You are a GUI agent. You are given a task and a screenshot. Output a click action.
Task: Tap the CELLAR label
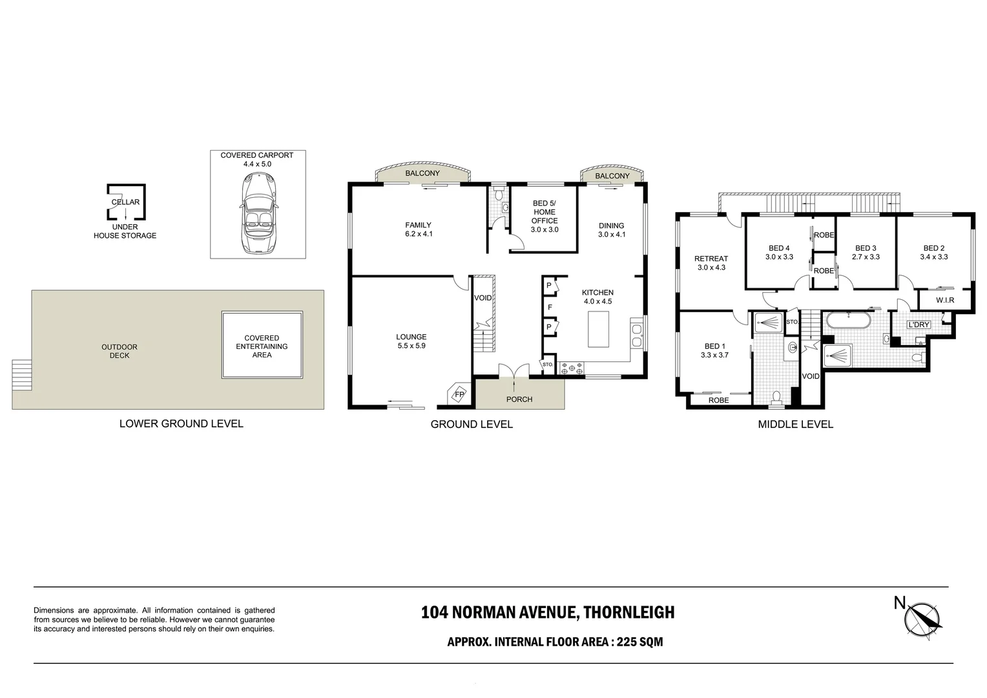[x=125, y=202]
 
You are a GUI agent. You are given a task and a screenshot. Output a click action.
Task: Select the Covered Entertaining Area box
[x=262, y=346]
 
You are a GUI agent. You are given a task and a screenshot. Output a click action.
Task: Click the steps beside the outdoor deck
[x=21, y=375]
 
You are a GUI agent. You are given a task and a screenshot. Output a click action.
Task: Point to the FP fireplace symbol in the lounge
[x=459, y=394]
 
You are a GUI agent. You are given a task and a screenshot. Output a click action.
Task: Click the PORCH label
[x=519, y=399]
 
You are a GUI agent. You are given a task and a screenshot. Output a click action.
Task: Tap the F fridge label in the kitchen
[x=550, y=308]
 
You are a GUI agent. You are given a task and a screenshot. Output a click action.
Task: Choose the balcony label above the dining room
[x=612, y=176]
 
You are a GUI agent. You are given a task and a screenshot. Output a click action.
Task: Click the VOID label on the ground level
[x=483, y=298]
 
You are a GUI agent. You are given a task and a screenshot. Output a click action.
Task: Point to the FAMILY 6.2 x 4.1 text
[x=418, y=229]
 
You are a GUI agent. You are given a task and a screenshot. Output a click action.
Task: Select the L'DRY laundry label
[x=918, y=324]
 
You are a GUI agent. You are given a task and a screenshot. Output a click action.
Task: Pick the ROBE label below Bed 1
[x=718, y=400]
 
